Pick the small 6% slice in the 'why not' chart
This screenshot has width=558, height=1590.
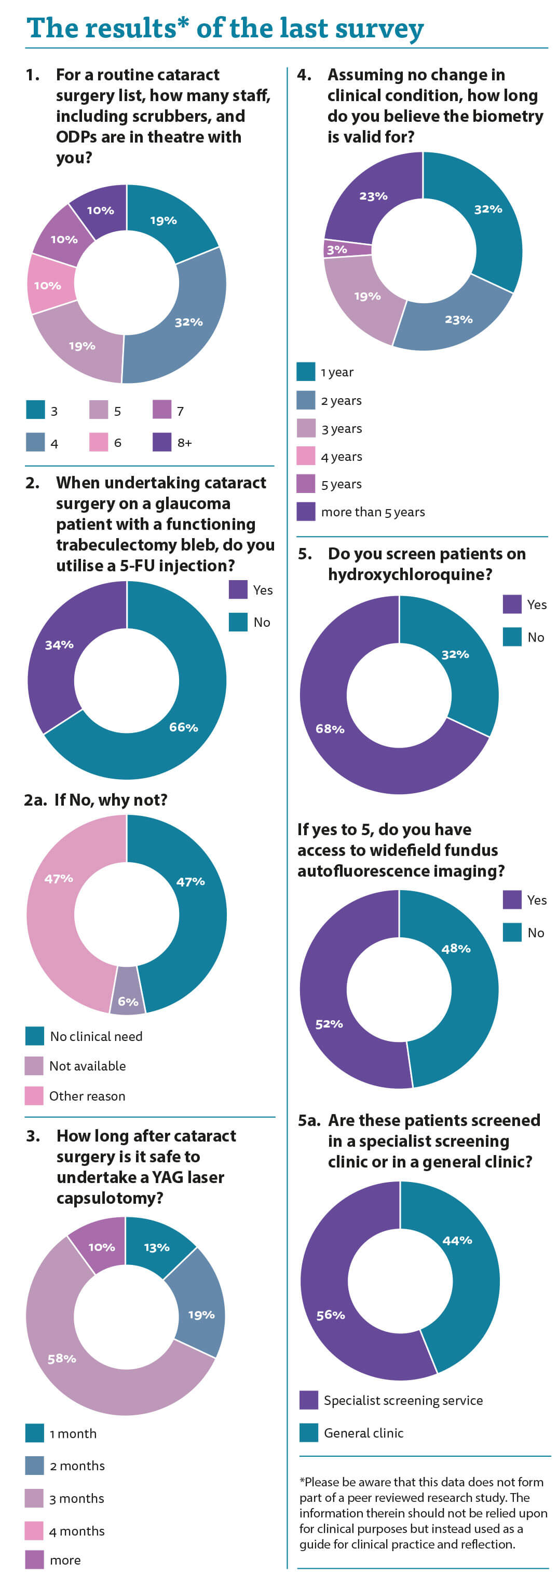tap(127, 994)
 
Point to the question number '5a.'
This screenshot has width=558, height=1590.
tap(309, 1121)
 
